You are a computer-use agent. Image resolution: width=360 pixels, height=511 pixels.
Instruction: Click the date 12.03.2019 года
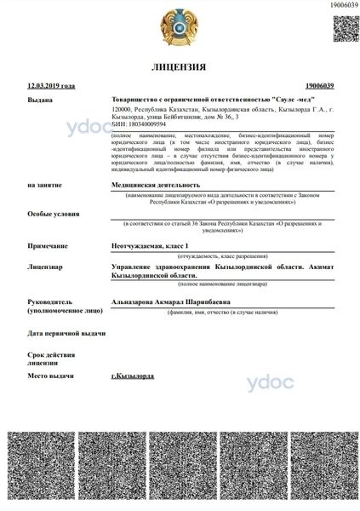(x=51, y=86)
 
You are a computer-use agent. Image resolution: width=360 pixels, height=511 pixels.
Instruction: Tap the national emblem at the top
(x=180, y=26)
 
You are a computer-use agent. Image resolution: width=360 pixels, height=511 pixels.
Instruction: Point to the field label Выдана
(x=40, y=100)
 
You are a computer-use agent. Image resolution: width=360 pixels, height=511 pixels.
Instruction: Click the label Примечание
(x=47, y=245)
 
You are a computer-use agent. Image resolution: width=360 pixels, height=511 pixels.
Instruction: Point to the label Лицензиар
(x=45, y=267)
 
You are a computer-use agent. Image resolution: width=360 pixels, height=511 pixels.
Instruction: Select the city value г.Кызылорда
(x=133, y=376)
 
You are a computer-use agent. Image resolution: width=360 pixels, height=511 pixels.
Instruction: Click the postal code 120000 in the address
(x=123, y=110)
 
